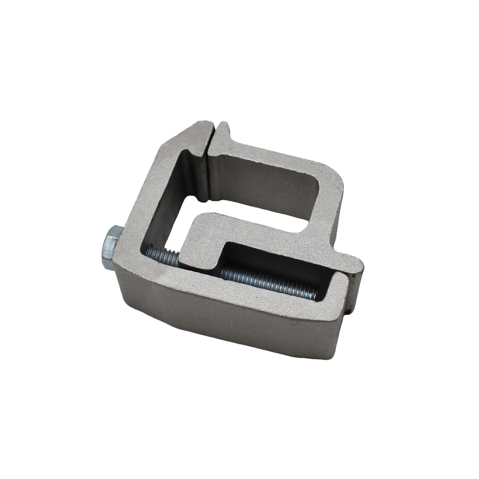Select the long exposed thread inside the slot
click(268, 283)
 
